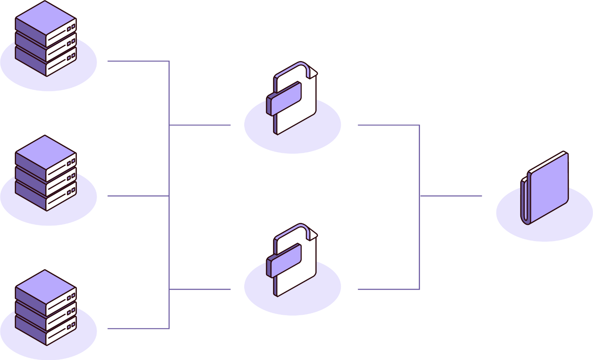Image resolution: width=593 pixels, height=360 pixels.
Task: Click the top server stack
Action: coord(46,41)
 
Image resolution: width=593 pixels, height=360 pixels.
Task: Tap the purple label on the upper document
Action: coord(284,99)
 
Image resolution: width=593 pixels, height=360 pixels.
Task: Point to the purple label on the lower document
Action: coord(284,260)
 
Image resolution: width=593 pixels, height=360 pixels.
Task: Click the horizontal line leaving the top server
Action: coord(137,61)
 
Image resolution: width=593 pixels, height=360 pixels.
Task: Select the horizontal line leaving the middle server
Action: coord(137,196)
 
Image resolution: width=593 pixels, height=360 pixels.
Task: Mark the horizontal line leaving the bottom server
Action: coord(137,328)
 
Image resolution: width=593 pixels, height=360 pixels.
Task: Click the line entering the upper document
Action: coord(200,125)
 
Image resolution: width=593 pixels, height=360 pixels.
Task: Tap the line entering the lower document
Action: coord(200,289)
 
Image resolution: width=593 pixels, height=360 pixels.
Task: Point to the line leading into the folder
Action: coord(450,196)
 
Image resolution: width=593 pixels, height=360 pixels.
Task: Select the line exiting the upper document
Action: coord(387,125)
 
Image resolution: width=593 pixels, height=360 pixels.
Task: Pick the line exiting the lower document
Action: coord(387,289)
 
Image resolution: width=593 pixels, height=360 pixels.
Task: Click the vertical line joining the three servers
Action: coord(169,159)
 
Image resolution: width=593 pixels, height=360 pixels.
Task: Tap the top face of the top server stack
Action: coord(46,19)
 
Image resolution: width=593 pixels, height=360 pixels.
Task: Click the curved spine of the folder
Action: coord(525,202)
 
